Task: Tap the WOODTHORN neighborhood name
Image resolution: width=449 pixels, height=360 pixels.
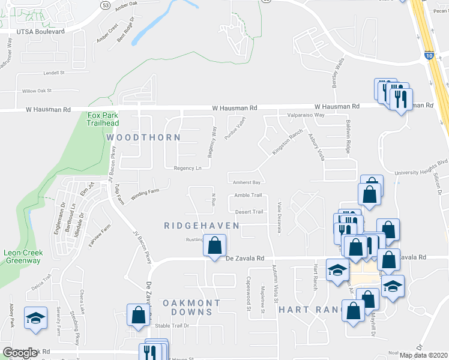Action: coord(143,137)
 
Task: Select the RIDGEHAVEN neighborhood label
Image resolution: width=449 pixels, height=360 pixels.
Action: coord(202,226)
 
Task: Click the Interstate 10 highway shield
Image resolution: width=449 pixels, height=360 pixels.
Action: coord(429,55)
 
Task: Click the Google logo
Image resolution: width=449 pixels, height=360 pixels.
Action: coord(20,353)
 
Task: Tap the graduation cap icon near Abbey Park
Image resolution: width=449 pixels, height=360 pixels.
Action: coord(35,317)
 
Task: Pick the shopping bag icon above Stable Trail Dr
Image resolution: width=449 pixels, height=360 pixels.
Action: coord(138,314)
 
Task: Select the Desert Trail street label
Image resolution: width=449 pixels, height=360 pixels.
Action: coord(249,212)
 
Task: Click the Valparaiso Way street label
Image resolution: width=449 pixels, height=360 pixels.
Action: coord(306,115)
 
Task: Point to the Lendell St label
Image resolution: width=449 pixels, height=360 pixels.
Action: coord(53,72)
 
